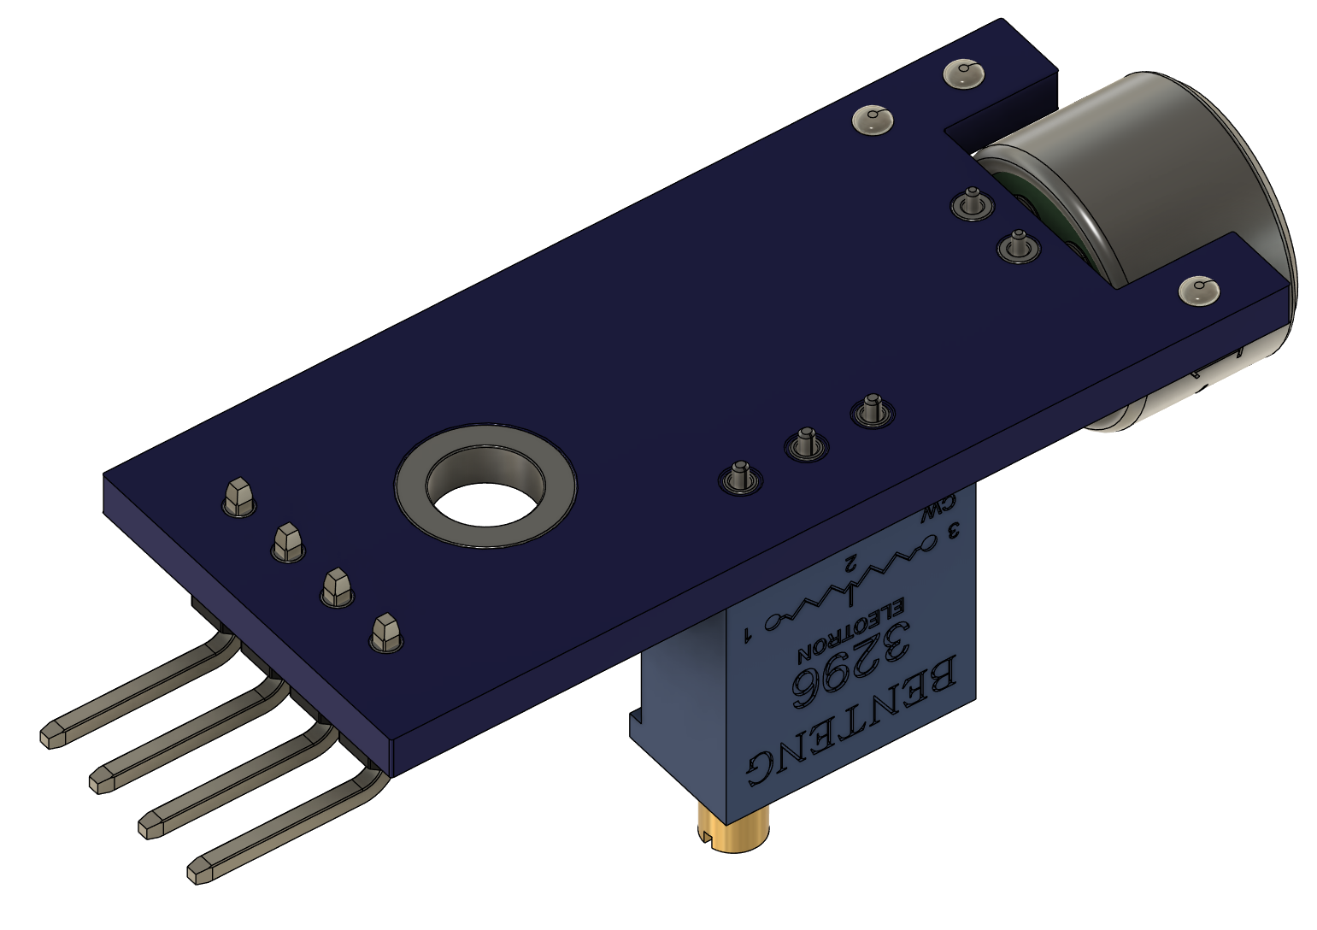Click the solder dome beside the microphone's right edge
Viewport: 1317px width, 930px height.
click(1199, 290)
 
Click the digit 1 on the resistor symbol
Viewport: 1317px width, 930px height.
click(749, 635)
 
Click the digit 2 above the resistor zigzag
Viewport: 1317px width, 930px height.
click(850, 562)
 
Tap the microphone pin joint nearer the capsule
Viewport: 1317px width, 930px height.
click(1018, 247)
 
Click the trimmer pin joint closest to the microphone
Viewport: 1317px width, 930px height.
click(872, 411)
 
